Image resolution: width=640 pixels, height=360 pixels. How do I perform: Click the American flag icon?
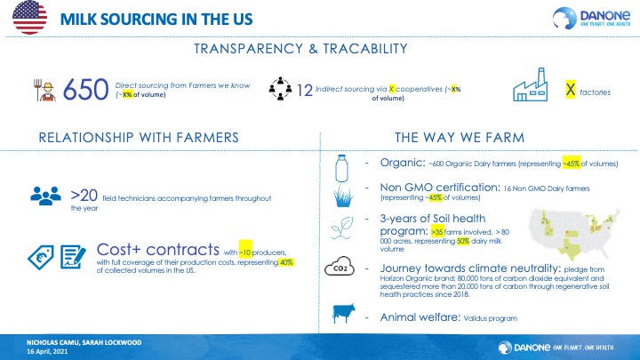pyautogui.click(x=29, y=18)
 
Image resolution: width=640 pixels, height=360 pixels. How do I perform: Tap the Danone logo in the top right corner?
pyautogui.click(x=591, y=18)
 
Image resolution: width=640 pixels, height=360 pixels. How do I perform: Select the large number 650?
pyautogui.click(x=85, y=90)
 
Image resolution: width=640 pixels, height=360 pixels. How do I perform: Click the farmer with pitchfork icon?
pyautogui.click(x=44, y=90)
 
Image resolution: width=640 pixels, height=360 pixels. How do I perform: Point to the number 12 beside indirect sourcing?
pyautogui.click(x=305, y=90)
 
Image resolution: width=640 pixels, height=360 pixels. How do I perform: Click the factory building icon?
pyautogui.click(x=530, y=84)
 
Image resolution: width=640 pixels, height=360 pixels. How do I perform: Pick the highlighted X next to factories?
pyautogui.click(x=571, y=89)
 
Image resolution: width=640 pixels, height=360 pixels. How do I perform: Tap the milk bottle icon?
pyautogui.click(x=341, y=168)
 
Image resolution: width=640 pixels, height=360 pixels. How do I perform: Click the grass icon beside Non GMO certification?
pyautogui.click(x=343, y=196)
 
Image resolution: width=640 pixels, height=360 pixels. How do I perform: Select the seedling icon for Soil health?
pyautogui.click(x=342, y=228)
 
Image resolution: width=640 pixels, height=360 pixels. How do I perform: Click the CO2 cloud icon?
pyautogui.click(x=340, y=266)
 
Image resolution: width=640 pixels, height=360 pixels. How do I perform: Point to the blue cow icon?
pyautogui.click(x=344, y=314)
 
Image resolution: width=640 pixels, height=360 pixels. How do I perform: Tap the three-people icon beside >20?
pyautogui.click(x=45, y=196)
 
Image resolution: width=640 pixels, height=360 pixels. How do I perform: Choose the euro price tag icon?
pyautogui.click(x=41, y=257)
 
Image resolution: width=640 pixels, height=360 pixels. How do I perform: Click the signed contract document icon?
pyautogui.click(x=73, y=257)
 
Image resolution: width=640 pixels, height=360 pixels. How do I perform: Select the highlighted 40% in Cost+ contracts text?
pyautogui.click(x=286, y=262)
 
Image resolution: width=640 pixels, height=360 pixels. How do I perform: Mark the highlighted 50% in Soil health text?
pyautogui.click(x=463, y=241)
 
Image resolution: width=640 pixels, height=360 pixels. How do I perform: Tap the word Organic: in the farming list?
pyautogui.click(x=403, y=163)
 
